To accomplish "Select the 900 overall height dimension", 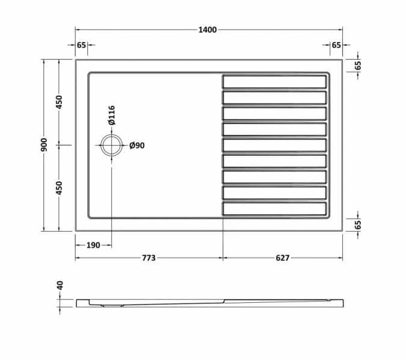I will coord(44,144).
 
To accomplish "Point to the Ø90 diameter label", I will coord(137,145).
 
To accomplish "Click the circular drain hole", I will coord(111,145).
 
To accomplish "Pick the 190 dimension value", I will coord(93,245).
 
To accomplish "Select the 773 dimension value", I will coord(149,258).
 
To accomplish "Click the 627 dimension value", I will coord(282,258).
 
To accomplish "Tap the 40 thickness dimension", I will coord(60,285).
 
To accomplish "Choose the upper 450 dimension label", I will coord(60,102).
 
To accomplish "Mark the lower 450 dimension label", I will coord(60,188).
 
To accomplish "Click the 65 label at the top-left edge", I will coord(82,46).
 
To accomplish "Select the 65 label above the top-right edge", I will coord(336,46).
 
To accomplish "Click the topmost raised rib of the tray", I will coord(275,81).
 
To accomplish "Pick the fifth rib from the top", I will coord(275,145).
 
